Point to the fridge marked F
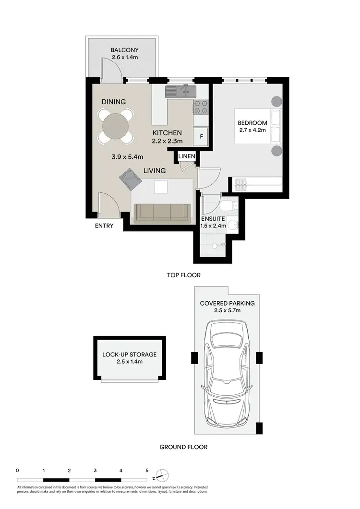tap(201, 137)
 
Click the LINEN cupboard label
tap(186, 157)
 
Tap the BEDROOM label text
tap(252, 123)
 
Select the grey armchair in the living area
tap(130, 180)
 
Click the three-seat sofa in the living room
tap(162, 213)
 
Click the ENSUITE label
tap(213, 221)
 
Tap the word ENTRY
tap(104, 225)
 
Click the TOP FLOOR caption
tap(183, 275)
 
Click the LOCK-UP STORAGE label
tap(130, 355)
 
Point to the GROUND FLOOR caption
tap(183, 447)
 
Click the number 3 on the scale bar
tap(95, 471)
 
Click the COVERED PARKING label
tap(228, 304)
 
